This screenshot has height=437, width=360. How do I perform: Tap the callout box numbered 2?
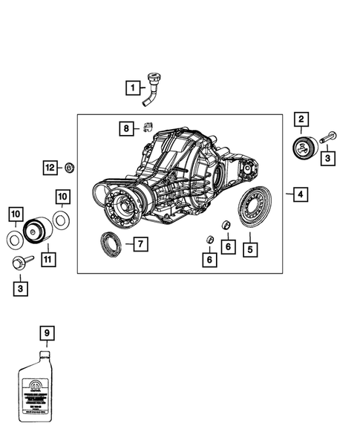pyautogui.click(x=301, y=119)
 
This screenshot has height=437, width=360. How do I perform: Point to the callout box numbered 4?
pyautogui.click(x=300, y=195)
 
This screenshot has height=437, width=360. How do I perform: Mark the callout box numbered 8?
pyautogui.click(x=127, y=128)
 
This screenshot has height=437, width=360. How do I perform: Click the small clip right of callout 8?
pyautogui.click(x=147, y=128)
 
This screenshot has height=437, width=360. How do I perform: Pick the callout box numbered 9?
pyautogui.click(x=48, y=334)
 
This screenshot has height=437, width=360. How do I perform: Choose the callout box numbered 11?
pyautogui.click(x=48, y=259)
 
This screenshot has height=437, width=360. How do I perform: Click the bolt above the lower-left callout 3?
pyautogui.click(x=20, y=261)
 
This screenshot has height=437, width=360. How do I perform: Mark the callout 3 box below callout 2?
pyautogui.click(x=327, y=157)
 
